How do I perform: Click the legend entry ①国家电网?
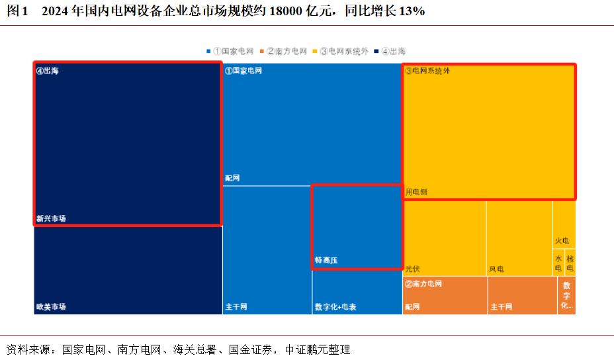click(x=233, y=51)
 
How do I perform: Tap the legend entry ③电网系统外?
click(x=344, y=51)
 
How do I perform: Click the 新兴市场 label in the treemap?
click(x=51, y=218)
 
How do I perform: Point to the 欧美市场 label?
click(x=51, y=306)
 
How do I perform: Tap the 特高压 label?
click(x=326, y=261)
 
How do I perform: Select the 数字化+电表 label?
click(x=335, y=307)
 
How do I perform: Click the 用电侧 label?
click(x=417, y=192)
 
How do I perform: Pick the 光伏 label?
click(x=413, y=269)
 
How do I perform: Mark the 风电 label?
click(x=496, y=269)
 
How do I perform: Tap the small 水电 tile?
click(x=558, y=263)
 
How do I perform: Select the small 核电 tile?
click(x=570, y=263)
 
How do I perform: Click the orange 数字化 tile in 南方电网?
click(x=566, y=295)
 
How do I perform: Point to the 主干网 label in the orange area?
click(x=501, y=307)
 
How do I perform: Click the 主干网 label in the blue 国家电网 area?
click(x=236, y=307)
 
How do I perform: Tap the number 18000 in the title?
click(x=285, y=11)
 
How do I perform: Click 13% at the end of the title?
click(x=412, y=11)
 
